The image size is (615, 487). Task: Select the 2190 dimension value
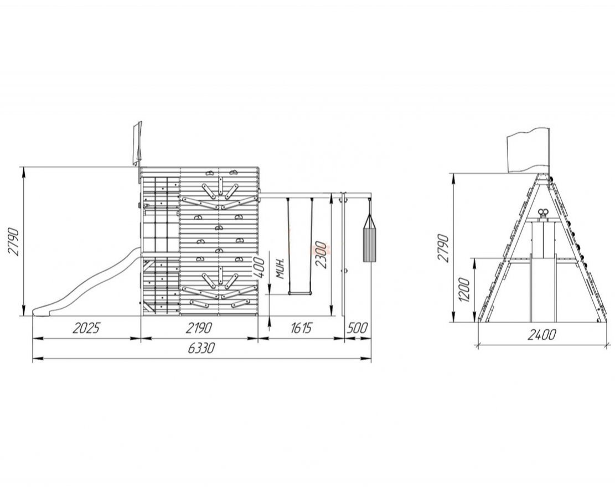(199, 328)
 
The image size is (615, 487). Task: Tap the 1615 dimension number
(301, 328)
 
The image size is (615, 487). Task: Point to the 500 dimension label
(358, 328)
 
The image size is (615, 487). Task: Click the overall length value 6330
(201, 348)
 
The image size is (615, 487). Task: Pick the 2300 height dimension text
(322, 254)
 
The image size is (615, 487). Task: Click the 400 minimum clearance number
(259, 267)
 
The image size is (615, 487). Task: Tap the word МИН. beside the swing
(280, 268)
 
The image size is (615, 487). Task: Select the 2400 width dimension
(542, 334)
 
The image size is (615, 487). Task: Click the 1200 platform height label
(464, 290)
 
